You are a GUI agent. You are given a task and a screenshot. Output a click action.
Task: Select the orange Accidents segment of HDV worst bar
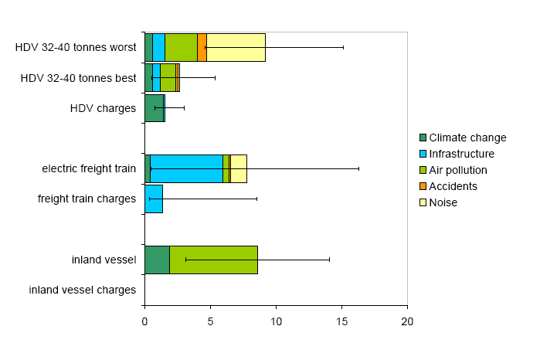click(x=202, y=47)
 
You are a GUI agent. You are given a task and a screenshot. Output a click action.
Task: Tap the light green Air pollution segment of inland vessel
click(x=213, y=260)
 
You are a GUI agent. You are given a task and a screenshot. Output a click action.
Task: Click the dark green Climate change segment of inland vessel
click(x=157, y=260)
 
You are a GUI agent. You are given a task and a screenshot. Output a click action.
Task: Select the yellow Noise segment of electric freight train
click(x=239, y=168)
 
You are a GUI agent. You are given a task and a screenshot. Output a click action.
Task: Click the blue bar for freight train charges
click(x=154, y=199)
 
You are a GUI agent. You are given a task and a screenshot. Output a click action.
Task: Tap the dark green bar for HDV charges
click(x=154, y=108)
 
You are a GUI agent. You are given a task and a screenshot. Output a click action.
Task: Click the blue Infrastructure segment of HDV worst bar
click(x=158, y=47)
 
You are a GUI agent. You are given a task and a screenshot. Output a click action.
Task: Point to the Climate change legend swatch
click(x=423, y=138)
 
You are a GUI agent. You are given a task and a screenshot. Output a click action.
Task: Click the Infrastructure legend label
click(x=461, y=154)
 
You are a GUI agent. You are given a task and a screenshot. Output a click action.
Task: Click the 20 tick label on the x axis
click(x=407, y=321)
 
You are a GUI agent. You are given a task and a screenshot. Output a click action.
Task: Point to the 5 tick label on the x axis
click(x=210, y=321)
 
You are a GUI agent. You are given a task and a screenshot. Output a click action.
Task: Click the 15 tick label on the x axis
click(x=341, y=321)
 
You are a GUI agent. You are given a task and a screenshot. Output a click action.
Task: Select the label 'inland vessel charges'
click(x=83, y=290)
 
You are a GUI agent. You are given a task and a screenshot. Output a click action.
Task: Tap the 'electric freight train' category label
click(x=89, y=168)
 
